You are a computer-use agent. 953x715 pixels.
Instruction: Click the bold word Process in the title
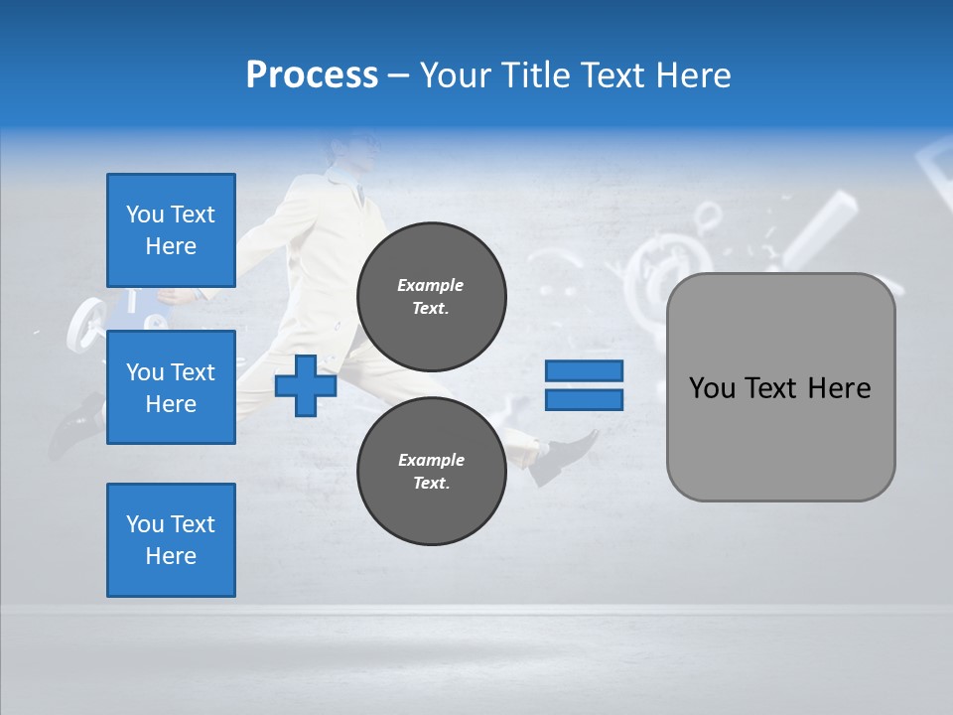[312, 75]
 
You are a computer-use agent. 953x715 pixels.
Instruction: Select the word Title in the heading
[535, 75]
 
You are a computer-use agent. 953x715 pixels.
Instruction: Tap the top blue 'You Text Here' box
[171, 230]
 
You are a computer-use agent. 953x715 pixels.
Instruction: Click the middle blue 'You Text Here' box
[171, 387]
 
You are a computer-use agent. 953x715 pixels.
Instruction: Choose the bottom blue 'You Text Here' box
[171, 540]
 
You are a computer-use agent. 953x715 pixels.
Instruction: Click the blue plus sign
[306, 385]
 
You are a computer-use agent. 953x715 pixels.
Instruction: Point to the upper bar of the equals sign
[584, 370]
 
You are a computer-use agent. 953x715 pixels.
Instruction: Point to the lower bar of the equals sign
[584, 400]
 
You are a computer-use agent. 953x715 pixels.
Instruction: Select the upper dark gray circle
[431, 296]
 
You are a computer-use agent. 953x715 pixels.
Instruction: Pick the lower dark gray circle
[431, 471]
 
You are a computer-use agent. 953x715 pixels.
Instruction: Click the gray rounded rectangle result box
[780, 386]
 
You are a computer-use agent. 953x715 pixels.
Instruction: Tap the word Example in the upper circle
[431, 285]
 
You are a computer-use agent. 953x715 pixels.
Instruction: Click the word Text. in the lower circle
[431, 484]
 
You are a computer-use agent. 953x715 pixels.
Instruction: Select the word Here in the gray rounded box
[839, 388]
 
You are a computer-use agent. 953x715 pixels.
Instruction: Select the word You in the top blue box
[145, 214]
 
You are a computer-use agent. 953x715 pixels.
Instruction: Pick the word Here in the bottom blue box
[171, 556]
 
